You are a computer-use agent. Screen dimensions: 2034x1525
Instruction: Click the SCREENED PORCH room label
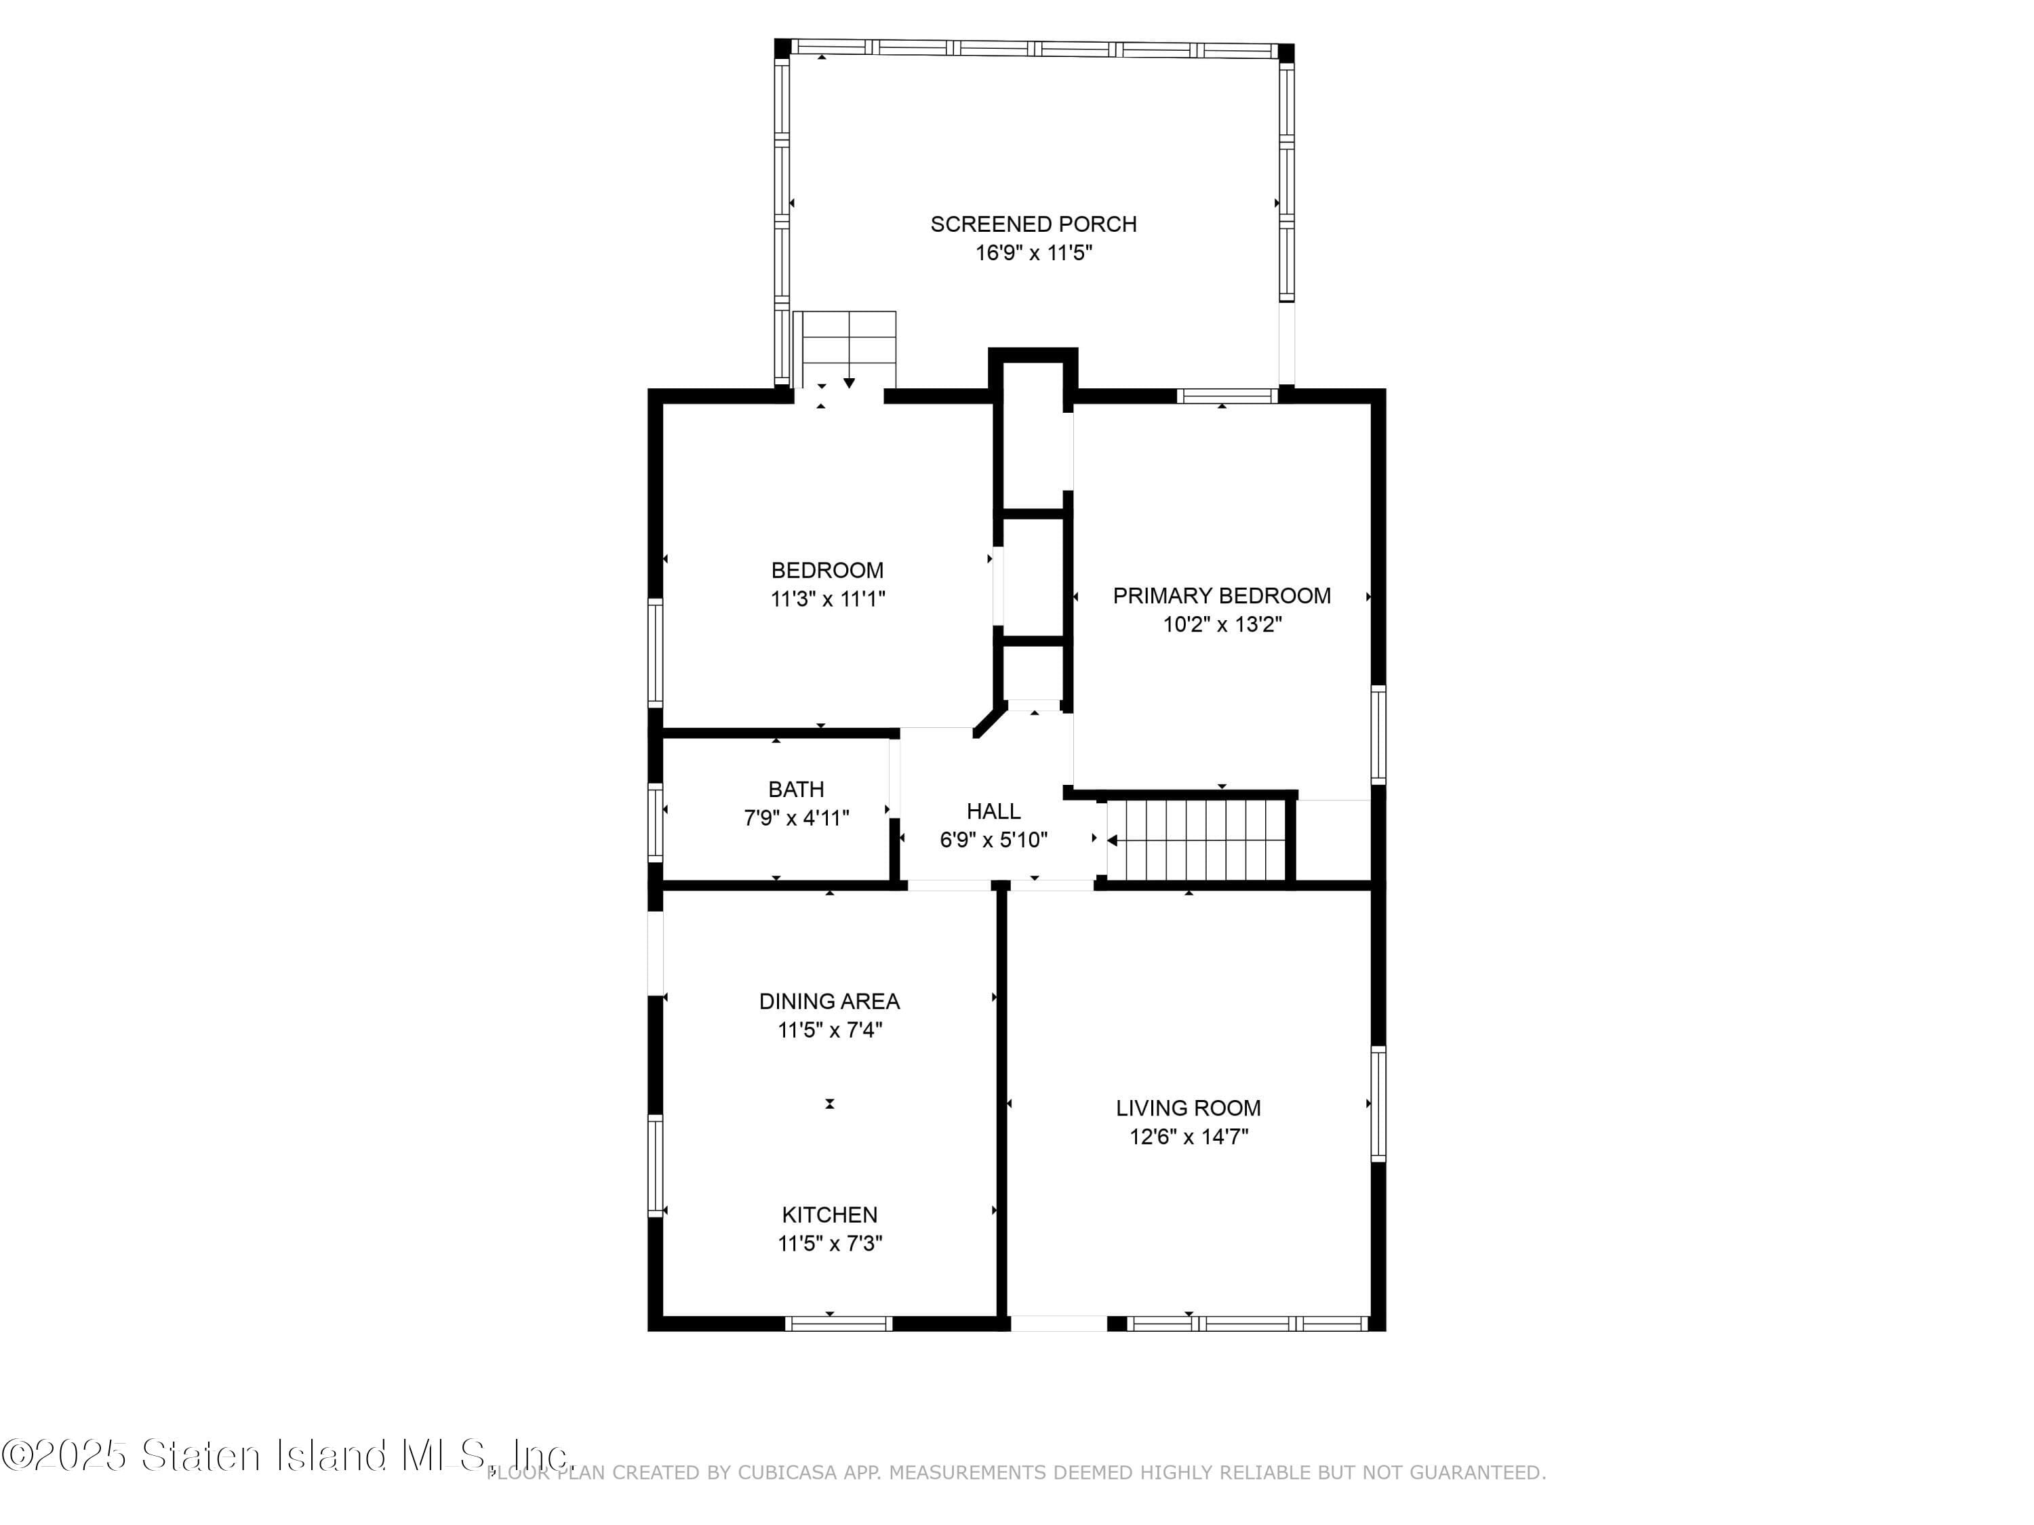1033,224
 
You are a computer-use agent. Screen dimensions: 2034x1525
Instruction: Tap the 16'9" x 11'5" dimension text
1033,253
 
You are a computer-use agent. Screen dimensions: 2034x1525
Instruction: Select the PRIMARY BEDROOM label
1222,596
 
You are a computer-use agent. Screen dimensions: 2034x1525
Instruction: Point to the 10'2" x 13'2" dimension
1222,624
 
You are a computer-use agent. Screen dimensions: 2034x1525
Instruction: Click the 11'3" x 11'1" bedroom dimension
828,599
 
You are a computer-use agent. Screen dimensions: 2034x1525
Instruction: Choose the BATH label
797,790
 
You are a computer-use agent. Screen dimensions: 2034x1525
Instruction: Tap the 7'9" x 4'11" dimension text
797,818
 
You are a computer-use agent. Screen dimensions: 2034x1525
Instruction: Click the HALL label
994,812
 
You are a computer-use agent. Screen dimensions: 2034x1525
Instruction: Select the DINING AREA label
829,1001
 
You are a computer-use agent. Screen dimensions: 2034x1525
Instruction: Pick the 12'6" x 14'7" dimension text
1189,1137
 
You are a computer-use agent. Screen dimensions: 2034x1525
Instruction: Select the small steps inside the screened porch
844,349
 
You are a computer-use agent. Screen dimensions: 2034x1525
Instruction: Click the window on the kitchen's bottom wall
839,1324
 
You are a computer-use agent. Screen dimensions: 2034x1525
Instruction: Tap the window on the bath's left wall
655,821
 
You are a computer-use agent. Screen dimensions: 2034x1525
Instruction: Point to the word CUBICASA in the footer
788,1473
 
